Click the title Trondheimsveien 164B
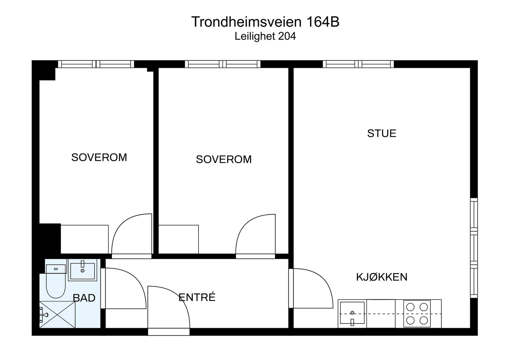265,22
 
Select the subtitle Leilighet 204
265,36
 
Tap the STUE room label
381,133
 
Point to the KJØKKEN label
381,277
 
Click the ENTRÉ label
197,297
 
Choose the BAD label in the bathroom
84,298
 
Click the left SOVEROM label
99,157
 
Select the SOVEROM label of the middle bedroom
224,159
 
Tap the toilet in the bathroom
56,282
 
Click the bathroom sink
82,271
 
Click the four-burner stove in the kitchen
417,313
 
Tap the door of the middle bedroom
255,235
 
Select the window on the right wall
474,248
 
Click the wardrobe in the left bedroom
84,239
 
